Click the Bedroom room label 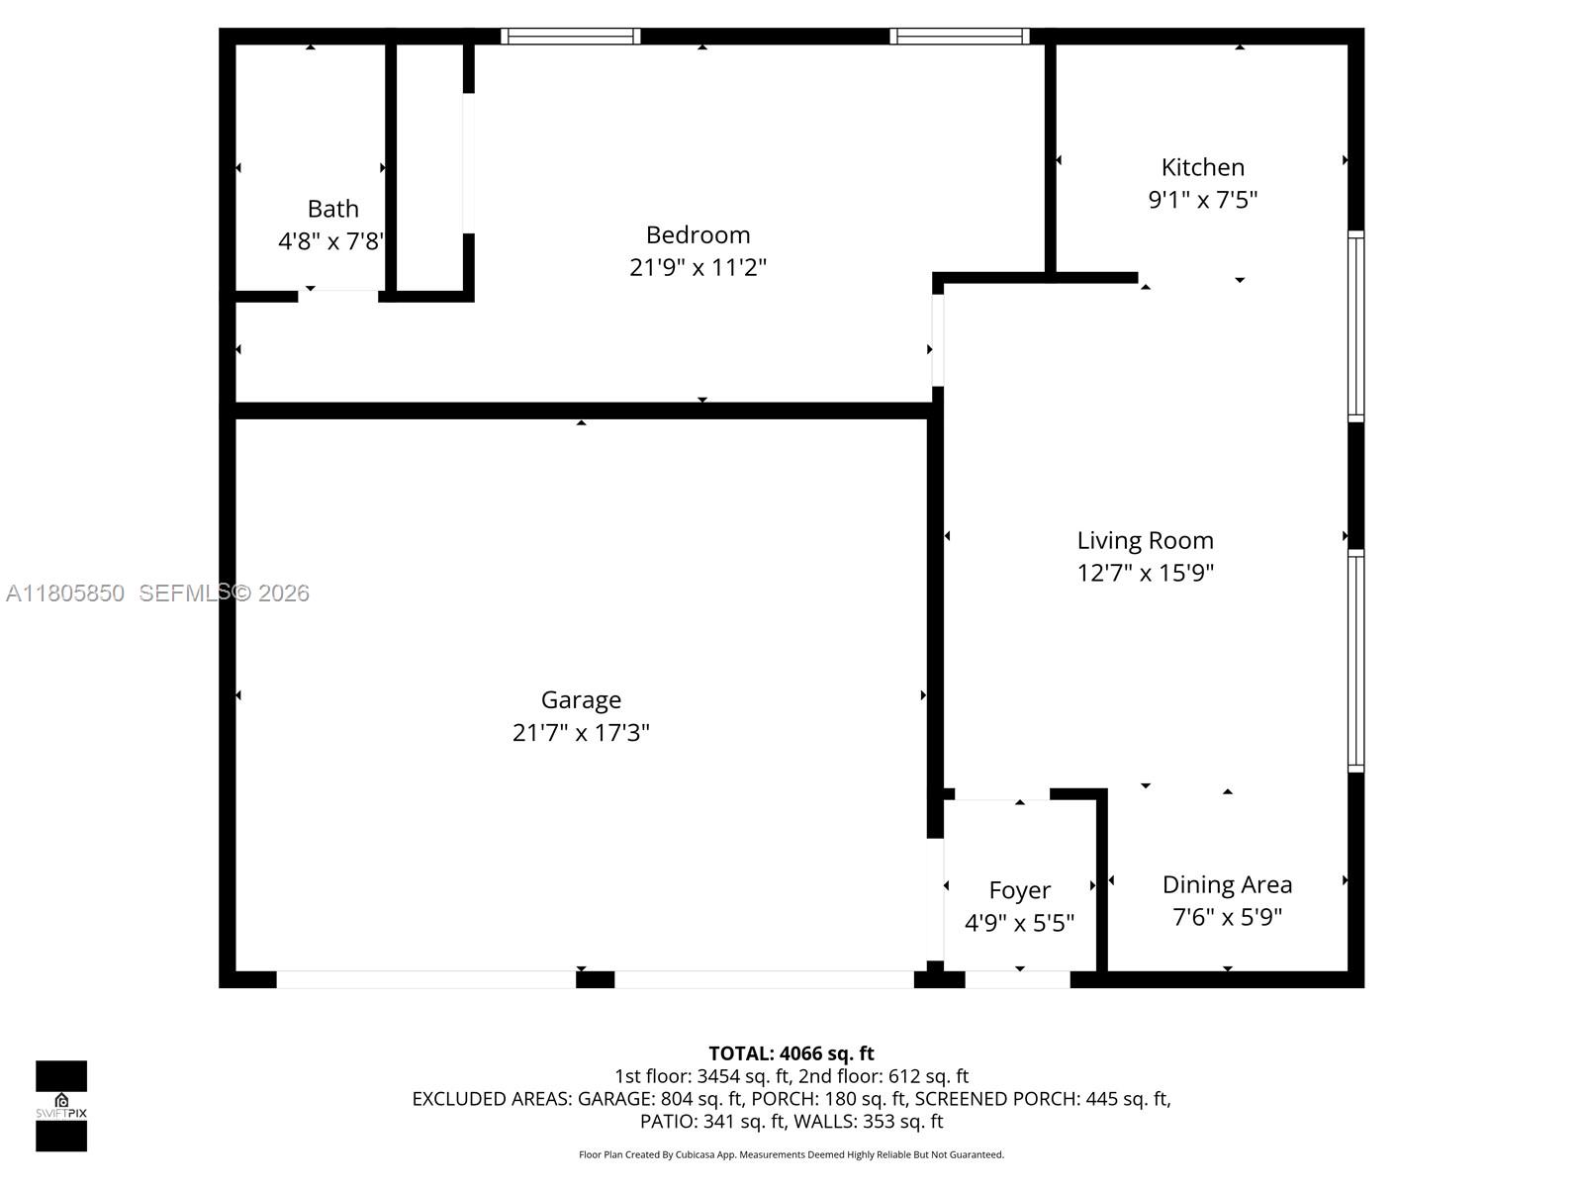point(698,234)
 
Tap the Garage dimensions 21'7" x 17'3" point(581,733)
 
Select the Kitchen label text point(1202,167)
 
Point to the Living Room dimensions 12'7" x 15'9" point(1145,573)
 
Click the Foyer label point(1019,890)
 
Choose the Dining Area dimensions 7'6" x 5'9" point(1227,917)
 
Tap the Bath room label point(332,209)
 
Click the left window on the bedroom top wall point(570,37)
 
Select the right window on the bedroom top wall point(959,37)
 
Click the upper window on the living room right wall point(1356,326)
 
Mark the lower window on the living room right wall point(1356,661)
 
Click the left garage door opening point(425,979)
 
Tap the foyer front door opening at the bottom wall point(1017,979)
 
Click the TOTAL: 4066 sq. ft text point(791,1053)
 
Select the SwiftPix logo point(61,1105)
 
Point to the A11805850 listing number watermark point(65,593)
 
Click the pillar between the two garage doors point(595,979)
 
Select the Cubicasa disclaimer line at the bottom point(791,1154)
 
